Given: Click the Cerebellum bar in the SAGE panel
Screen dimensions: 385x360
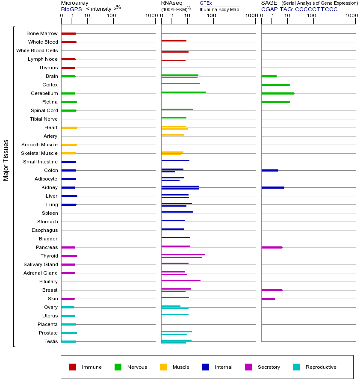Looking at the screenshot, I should coord(277,93).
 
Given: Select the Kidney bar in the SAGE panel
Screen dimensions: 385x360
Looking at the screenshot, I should coord(272,187).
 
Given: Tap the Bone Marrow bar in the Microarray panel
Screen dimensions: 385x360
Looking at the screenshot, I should coord(68,33).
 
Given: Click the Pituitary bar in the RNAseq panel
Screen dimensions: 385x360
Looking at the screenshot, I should coord(180,280).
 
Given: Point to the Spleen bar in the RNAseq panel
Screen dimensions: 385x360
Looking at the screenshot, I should coord(177,212).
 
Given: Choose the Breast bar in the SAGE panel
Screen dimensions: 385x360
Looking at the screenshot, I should coord(271,290).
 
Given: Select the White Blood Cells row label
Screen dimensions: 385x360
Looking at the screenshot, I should coord(37,50).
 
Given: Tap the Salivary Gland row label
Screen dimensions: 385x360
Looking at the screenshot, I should coord(41,264).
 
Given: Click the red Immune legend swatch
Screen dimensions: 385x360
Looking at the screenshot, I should coord(73,367).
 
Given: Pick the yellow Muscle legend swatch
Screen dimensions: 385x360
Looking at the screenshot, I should coord(163,367).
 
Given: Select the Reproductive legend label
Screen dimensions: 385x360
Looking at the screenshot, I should coord(321,367).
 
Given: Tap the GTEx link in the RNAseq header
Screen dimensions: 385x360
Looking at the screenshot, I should coord(206,3).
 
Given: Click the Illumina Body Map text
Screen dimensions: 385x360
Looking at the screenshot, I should coord(219,9).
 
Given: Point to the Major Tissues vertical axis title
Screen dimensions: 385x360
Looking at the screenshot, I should coord(6,160).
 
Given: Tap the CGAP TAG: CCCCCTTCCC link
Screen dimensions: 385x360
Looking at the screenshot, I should coord(299,9).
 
